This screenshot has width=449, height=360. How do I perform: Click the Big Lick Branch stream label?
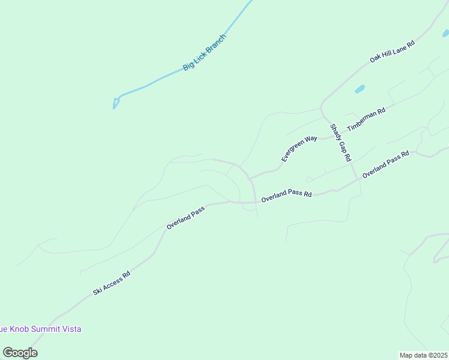(205, 52)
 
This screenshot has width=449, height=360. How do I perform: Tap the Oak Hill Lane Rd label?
(392, 52)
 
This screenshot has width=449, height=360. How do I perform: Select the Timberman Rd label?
(366, 117)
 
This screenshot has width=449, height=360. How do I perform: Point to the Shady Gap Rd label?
(340, 143)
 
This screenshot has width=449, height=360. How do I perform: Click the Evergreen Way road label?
(299, 148)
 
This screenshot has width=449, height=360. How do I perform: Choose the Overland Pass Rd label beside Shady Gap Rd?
(385, 163)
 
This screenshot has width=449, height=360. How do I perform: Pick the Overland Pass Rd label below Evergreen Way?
(286, 194)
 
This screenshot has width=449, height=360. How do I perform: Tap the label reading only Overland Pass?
(185, 217)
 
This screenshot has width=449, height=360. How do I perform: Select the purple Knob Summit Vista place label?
(40, 329)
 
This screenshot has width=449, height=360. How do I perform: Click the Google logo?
(20, 353)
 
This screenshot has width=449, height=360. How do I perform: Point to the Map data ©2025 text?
(424, 355)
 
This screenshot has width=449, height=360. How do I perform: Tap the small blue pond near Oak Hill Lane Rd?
(360, 89)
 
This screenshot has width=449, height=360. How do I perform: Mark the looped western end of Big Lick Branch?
(115, 103)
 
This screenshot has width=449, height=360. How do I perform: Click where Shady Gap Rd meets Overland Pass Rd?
(358, 178)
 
